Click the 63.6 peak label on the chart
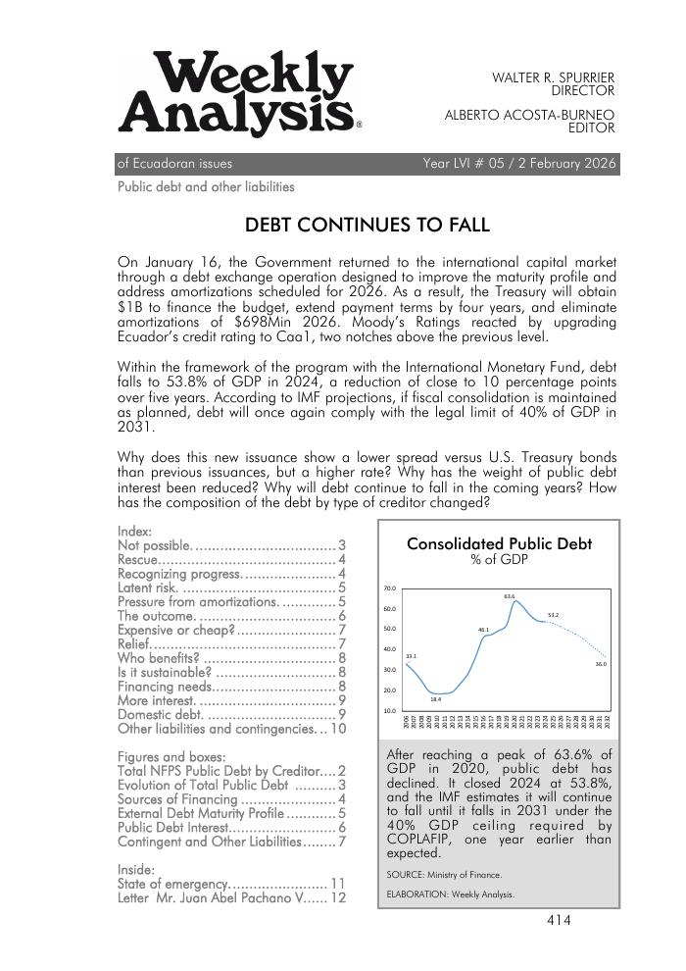[510, 595]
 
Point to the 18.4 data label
[436, 699]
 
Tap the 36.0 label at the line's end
[601, 664]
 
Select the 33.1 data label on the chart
[411, 656]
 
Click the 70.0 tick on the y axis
[389, 588]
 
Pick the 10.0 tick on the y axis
[389, 710]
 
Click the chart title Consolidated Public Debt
[499, 543]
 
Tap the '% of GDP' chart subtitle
[499, 559]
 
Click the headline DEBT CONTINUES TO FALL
[367, 225]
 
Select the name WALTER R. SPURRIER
[553, 77]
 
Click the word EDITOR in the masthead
[591, 128]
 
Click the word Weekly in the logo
[253, 76]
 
